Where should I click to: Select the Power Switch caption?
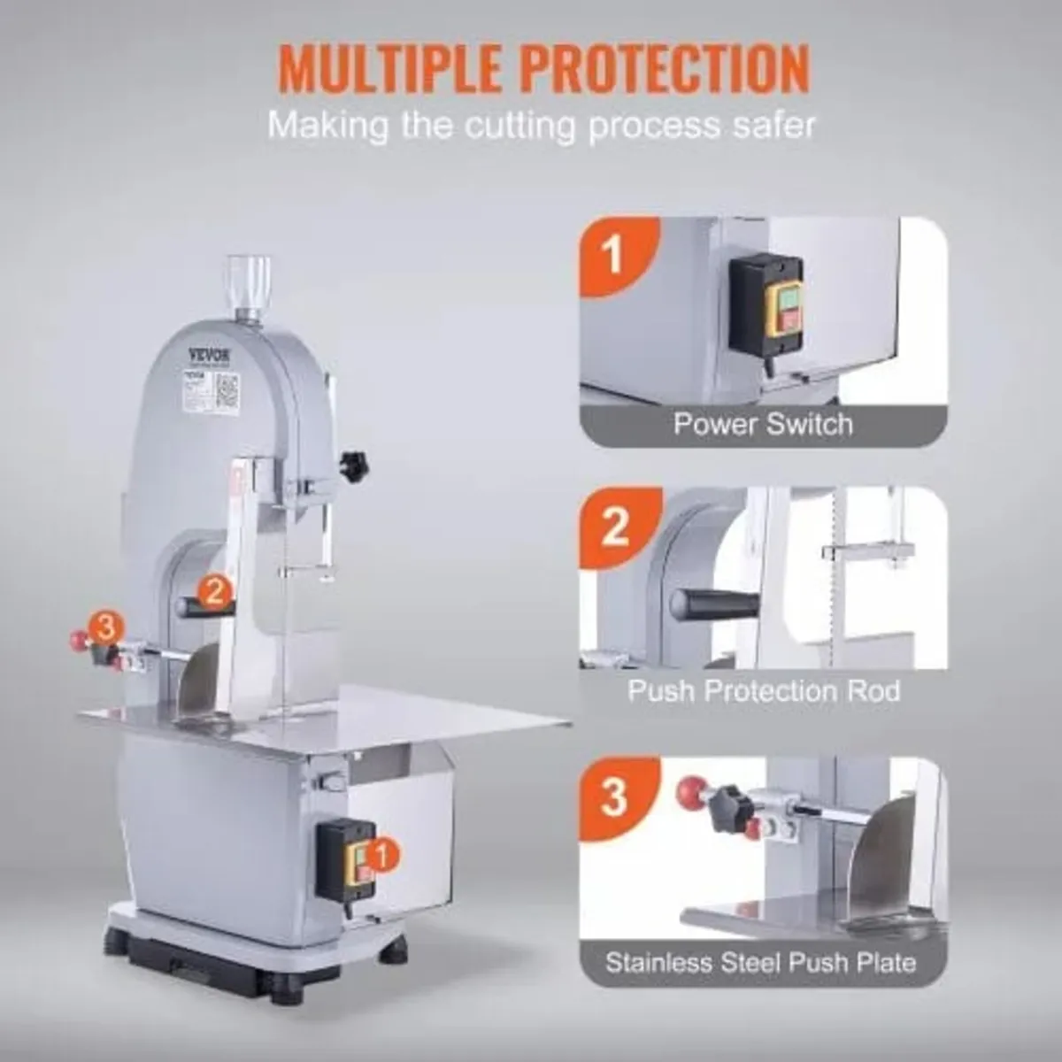pos(763,423)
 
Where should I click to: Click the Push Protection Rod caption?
pos(763,690)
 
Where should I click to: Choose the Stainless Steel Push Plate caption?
pos(761,963)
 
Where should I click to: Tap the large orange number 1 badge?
pos(612,254)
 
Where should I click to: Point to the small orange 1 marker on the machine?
pos(381,854)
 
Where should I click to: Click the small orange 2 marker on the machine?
pos(213,588)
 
